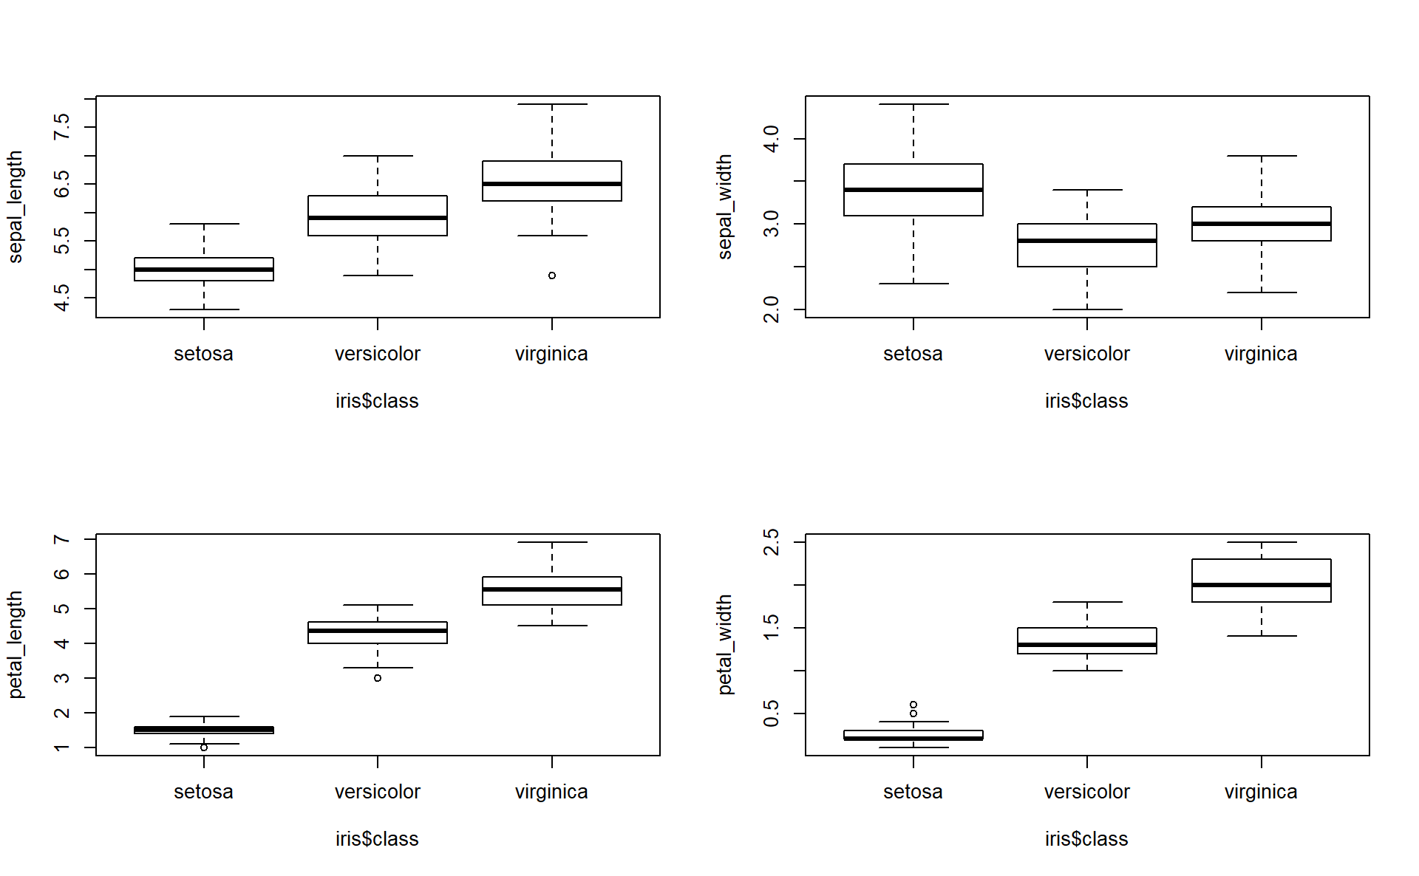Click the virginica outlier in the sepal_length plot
pyautogui.click(x=552, y=276)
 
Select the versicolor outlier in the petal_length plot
pyautogui.click(x=378, y=678)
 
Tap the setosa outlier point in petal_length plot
pyautogui.click(x=204, y=747)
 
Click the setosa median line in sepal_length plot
pyautogui.click(x=204, y=270)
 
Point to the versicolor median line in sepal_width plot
pyautogui.click(x=1087, y=241)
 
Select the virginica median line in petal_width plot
pyautogui.click(x=1262, y=585)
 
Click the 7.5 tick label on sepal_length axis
pyautogui.click(x=62, y=127)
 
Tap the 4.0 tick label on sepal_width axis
pyautogui.click(x=772, y=139)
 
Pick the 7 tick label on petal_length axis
pyautogui.click(x=62, y=539)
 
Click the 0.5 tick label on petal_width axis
pyautogui.click(x=772, y=714)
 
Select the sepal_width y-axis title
pyautogui.click(x=725, y=207)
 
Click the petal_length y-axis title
pyautogui.click(x=16, y=645)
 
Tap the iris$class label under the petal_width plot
pyautogui.click(x=1086, y=839)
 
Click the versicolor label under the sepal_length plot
pyautogui.click(x=378, y=354)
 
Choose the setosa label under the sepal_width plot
pyautogui.click(x=913, y=354)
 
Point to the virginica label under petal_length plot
pyautogui.click(x=551, y=792)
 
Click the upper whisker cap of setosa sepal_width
pyautogui.click(x=913, y=104)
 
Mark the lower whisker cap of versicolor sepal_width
pyautogui.click(x=1087, y=309)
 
